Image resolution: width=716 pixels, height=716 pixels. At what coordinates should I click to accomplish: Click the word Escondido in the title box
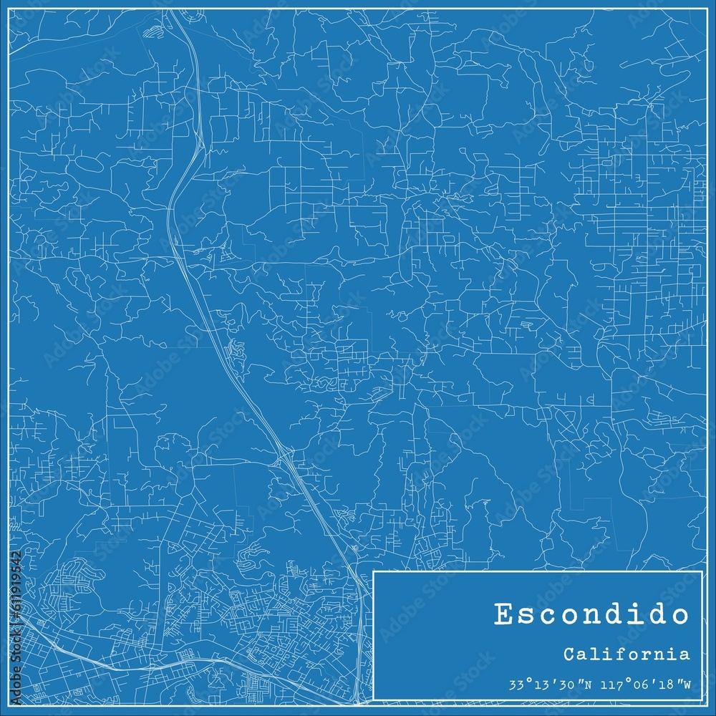pos(591,614)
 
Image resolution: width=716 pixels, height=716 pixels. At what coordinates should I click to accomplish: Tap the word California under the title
pos(626,654)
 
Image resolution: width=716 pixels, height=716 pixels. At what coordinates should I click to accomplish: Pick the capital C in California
pos(568,654)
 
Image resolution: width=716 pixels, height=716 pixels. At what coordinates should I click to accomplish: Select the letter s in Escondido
pos(530,614)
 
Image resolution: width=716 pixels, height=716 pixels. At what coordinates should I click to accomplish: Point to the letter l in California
pos(596,654)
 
